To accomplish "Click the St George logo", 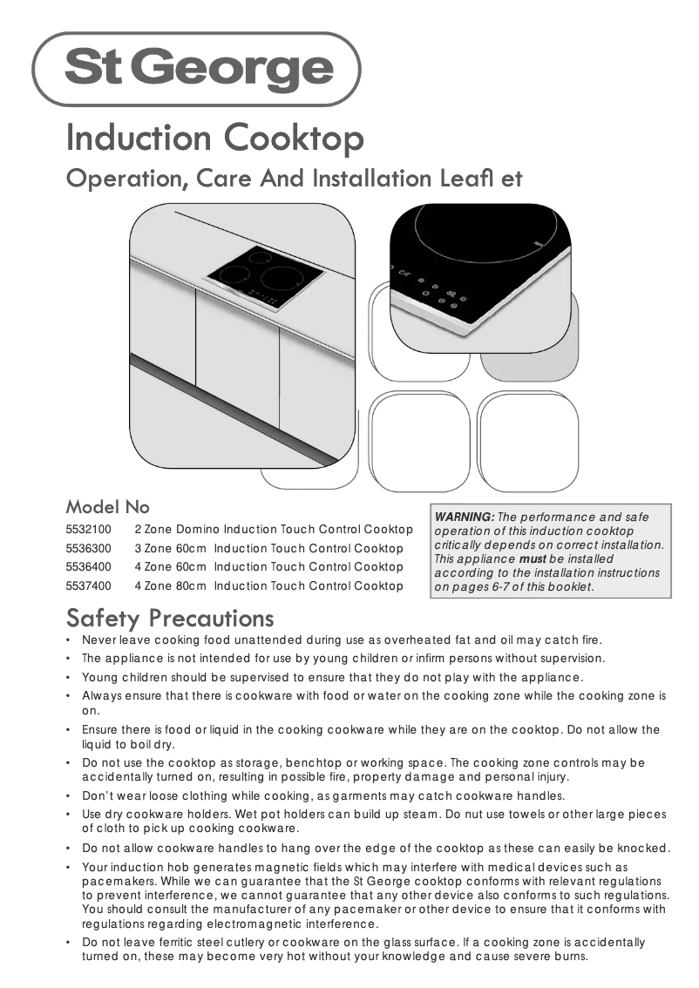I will [197, 69].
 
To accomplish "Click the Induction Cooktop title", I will [214, 138].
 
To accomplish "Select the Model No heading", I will [108, 506].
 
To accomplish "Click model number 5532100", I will [88, 530].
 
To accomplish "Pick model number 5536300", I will [88, 549].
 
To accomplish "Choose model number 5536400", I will [88, 567].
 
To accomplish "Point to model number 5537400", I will [88, 585].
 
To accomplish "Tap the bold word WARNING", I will [465, 518].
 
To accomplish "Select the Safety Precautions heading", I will [170, 619].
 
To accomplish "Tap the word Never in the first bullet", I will [98, 639].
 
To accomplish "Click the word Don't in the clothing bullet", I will [100, 795].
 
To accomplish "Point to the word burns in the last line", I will [570, 956].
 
